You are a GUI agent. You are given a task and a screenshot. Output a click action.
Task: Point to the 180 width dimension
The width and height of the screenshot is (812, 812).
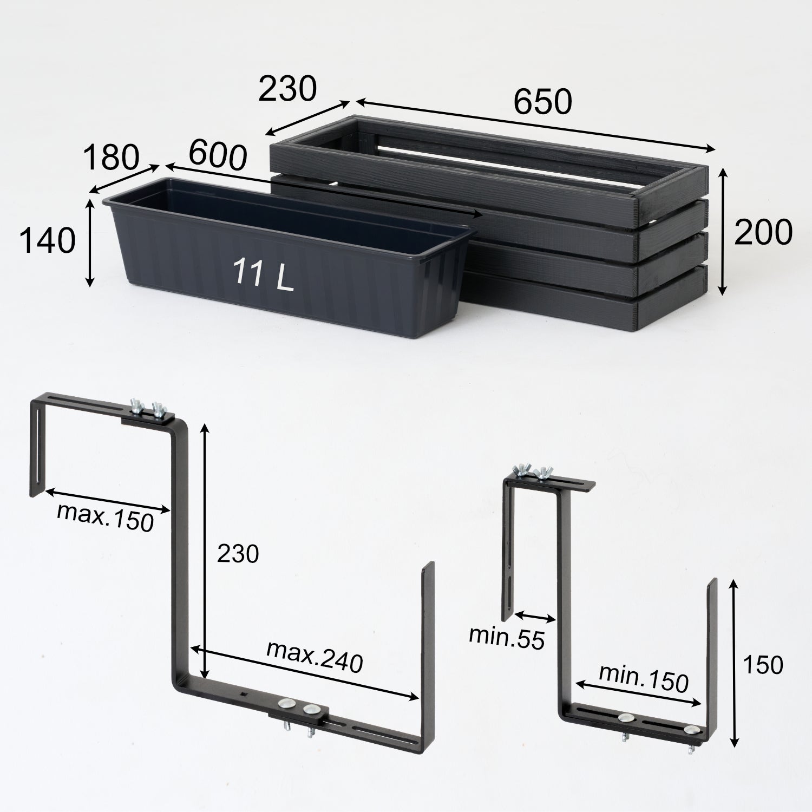(111, 158)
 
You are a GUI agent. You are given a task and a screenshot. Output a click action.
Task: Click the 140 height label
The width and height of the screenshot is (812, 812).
(47, 240)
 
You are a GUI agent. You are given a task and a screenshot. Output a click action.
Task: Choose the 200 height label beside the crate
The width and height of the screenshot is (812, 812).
(763, 232)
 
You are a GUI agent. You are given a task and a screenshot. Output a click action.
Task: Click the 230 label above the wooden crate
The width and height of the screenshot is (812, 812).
(287, 89)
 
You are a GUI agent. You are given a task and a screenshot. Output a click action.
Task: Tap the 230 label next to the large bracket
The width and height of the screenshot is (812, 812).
(238, 554)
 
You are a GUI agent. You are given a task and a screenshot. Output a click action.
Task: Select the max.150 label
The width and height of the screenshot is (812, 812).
(106, 518)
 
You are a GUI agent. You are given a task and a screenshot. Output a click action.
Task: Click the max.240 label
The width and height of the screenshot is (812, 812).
(315, 657)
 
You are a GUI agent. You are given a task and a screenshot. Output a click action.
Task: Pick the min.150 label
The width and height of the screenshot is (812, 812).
(643, 678)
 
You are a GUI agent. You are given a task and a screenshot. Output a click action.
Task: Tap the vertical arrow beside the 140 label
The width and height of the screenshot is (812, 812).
(90, 242)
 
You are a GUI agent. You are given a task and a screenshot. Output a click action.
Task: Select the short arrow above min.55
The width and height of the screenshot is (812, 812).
(535, 617)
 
